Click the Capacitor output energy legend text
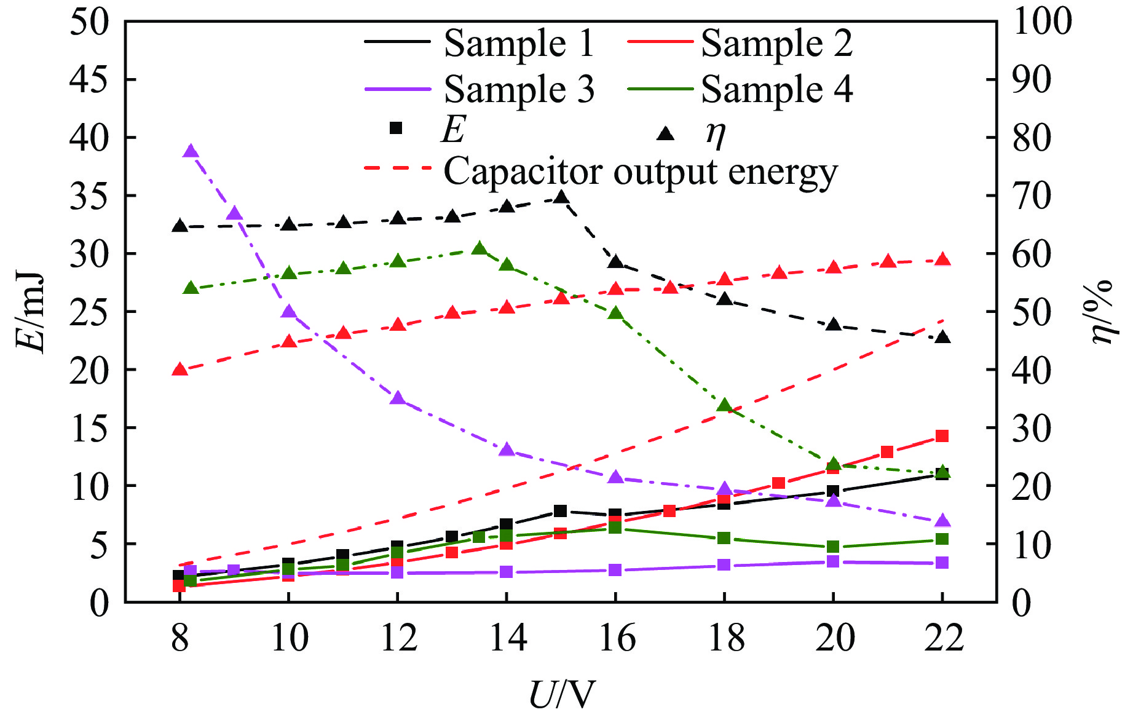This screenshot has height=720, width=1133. (640, 172)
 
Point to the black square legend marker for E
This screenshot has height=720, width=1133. (397, 129)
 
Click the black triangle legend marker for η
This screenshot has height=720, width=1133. (666, 133)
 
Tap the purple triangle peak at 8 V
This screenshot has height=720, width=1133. (191, 151)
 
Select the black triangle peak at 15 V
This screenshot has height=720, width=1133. (561, 197)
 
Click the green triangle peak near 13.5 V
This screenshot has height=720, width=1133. (480, 248)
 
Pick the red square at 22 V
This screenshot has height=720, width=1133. (942, 436)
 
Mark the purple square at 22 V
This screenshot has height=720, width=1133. (942, 563)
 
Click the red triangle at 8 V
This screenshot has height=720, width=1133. (180, 369)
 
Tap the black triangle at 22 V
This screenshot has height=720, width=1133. (942, 337)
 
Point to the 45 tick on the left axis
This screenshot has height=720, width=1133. (90, 79)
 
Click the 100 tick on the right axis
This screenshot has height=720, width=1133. (1043, 21)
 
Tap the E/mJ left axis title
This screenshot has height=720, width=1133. (31, 312)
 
